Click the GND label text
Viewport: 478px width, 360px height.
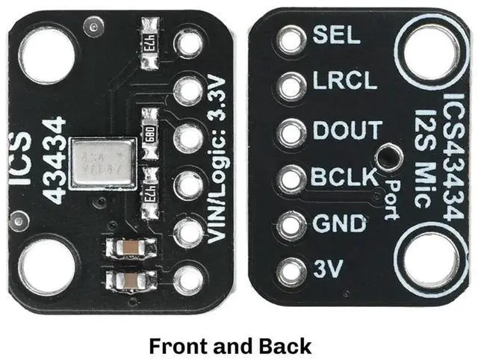pyautogui.click(x=339, y=223)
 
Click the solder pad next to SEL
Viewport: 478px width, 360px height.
pyautogui.click(x=290, y=40)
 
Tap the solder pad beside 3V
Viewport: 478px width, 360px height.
pyautogui.click(x=290, y=271)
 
